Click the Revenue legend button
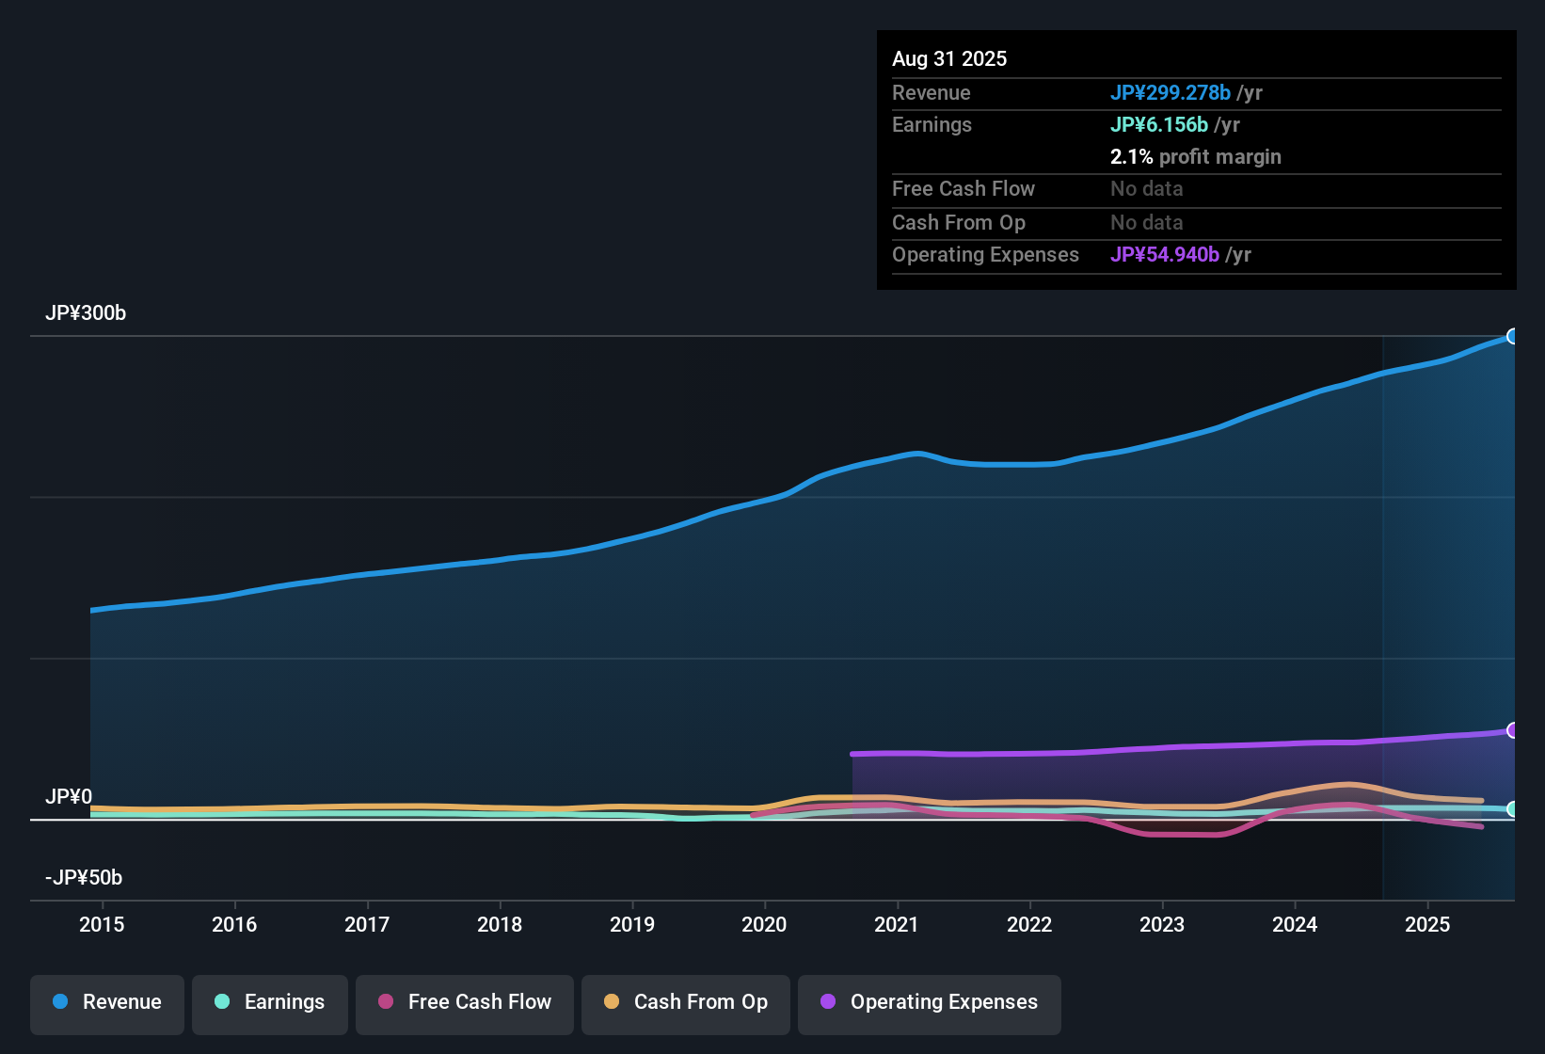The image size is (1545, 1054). click(107, 1002)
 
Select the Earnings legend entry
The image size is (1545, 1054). click(270, 1002)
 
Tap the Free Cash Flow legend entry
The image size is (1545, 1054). click(465, 1002)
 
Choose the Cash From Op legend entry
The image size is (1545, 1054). click(686, 1002)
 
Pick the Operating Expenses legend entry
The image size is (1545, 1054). click(930, 1002)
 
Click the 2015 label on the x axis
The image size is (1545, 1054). click(102, 925)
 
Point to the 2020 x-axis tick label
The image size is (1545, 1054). click(764, 925)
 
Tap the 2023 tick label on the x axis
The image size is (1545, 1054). click(1162, 925)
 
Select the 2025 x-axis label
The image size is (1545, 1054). click(1427, 925)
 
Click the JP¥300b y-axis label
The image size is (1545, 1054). click(86, 313)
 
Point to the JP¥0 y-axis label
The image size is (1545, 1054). click(69, 797)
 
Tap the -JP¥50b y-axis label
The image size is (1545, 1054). click(84, 878)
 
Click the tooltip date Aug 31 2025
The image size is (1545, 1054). click(949, 59)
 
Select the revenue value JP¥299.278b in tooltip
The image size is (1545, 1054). click(1171, 93)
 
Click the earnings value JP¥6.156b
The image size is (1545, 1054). click(1159, 125)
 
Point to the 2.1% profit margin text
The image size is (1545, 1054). click(1195, 157)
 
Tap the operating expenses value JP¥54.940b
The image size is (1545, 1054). click(1165, 255)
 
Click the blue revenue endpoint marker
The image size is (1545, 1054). click(1513, 336)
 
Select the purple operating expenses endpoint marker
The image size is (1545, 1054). click(1513, 730)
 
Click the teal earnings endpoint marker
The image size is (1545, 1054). click(1513, 808)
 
